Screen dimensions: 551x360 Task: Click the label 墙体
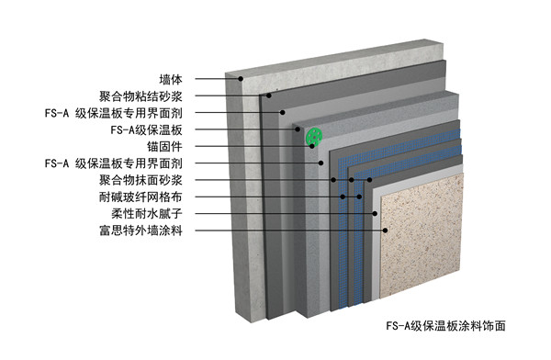pyautogui.click(x=171, y=80)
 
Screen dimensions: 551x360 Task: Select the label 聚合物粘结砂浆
pyautogui.click(x=141, y=96)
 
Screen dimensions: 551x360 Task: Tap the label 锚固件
pyautogui.click(x=164, y=147)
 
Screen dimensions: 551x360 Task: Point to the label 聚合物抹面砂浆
pyautogui.click(x=141, y=180)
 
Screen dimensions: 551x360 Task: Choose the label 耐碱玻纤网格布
pyautogui.click(x=141, y=197)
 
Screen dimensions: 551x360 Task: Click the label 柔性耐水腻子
pyautogui.click(x=147, y=213)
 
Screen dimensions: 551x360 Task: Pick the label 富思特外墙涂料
pyautogui.click(x=141, y=231)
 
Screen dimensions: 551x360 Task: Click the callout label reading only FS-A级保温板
pyautogui.click(x=147, y=130)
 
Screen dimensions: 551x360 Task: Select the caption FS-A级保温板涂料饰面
pyautogui.click(x=446, y=326)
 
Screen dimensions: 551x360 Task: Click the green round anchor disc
pyautogui.click(x=314, y=136)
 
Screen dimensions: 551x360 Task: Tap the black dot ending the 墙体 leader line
pyautogui.click(x=241, y=79)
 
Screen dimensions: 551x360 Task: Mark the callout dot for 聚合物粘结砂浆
pyautogui.click(x=269, y=96)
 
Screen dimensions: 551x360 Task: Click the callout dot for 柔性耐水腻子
pyautogui.click(x=375, y=213)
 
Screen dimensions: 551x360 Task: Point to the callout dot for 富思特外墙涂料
pyautogui.click(x=385, y=231)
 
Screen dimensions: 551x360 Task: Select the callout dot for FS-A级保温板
pyautogui.click(x=298, y=129)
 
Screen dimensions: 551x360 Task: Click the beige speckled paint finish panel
pyautogui.click(x=422, y=235)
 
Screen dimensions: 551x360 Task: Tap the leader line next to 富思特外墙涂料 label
pyautogui.click(x=289, y=231)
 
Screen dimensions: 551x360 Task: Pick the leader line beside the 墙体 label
pyautogui.click(x=217, y=79)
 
